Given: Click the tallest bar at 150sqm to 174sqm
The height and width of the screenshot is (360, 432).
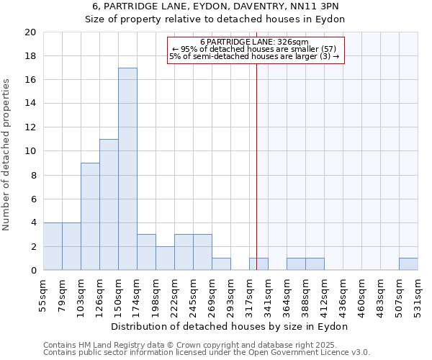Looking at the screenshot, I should pos(127,169).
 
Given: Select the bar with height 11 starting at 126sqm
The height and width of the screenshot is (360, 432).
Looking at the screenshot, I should pos(109,204).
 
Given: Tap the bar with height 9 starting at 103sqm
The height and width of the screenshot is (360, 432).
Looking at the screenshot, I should pos(90,216).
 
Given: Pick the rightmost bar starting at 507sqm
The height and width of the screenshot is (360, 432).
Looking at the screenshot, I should pos(408,264).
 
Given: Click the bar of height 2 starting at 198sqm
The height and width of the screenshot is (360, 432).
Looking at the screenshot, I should pos(165,258).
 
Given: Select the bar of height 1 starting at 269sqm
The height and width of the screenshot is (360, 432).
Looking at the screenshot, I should pos(221,264).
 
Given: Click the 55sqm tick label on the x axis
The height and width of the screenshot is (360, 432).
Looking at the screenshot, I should pos(44,295).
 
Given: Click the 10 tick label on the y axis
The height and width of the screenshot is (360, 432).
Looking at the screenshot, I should pos(30,151).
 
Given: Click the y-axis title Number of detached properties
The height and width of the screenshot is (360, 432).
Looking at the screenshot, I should pos(7,155).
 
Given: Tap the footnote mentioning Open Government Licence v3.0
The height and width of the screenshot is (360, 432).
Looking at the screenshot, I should pos(207,353).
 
